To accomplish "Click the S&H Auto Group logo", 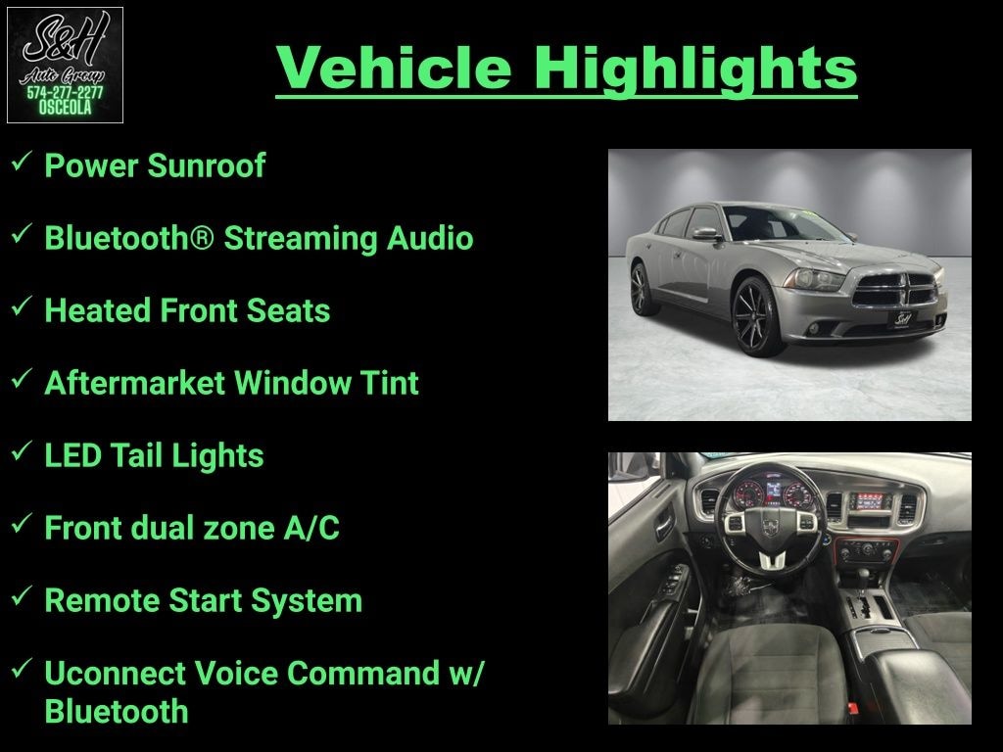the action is click(65, 66).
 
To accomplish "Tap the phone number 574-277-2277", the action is click(65, 92).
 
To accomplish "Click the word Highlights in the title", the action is click(695, 69).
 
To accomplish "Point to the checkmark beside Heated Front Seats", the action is click(22, 306).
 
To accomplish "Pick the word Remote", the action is click(102, 601).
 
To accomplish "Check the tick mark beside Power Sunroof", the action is click(22, 162).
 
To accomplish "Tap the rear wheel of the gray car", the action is click(642, 289).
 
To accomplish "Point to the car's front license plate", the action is click(902, 318).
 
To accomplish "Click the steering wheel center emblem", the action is click(770, 528).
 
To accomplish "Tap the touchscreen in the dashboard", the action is click(871, 501).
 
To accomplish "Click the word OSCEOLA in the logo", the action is click(65, 108).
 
